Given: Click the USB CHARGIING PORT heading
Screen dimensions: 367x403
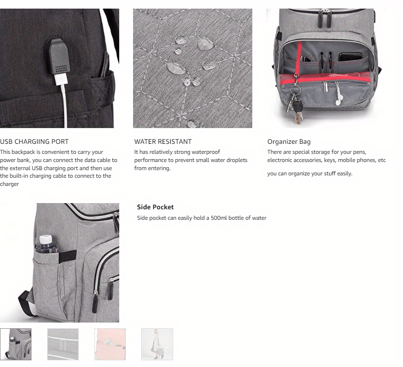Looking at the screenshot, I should click(x=34, y=141).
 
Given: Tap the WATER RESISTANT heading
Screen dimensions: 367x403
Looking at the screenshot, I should click(x=163, y=141).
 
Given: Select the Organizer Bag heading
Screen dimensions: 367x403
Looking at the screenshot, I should click(x=289, y=141).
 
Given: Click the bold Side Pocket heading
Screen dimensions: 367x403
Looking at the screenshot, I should click(x=155, y=207).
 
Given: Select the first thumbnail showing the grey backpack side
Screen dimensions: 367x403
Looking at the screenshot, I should click(x=16, y=344).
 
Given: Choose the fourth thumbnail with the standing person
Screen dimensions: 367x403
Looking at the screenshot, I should click(x=157, y=344).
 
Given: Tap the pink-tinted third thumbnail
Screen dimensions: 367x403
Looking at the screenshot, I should click(x=110, y=344).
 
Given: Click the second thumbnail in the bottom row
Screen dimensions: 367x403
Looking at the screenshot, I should click(x=63, y=344).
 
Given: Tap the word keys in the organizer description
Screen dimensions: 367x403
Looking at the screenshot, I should click(x=330, y=160).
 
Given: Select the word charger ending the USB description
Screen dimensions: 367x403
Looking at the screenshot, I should click(x=10, y=184).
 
